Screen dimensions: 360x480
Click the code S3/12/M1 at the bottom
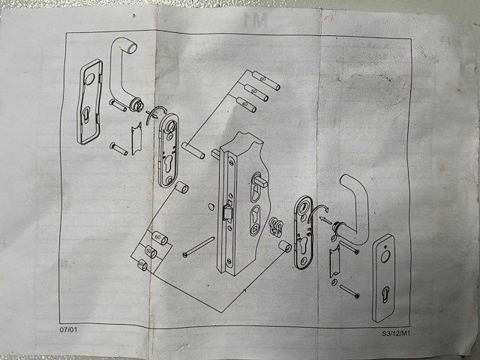pyautogui.click(x=395, y=332)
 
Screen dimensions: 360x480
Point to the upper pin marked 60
pyautogui.click(x=264, y=79)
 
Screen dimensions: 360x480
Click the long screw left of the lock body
pyautogui.click(x=199, y=247)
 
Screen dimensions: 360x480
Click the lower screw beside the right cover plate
pyautogui.click(x=348, y=289)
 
